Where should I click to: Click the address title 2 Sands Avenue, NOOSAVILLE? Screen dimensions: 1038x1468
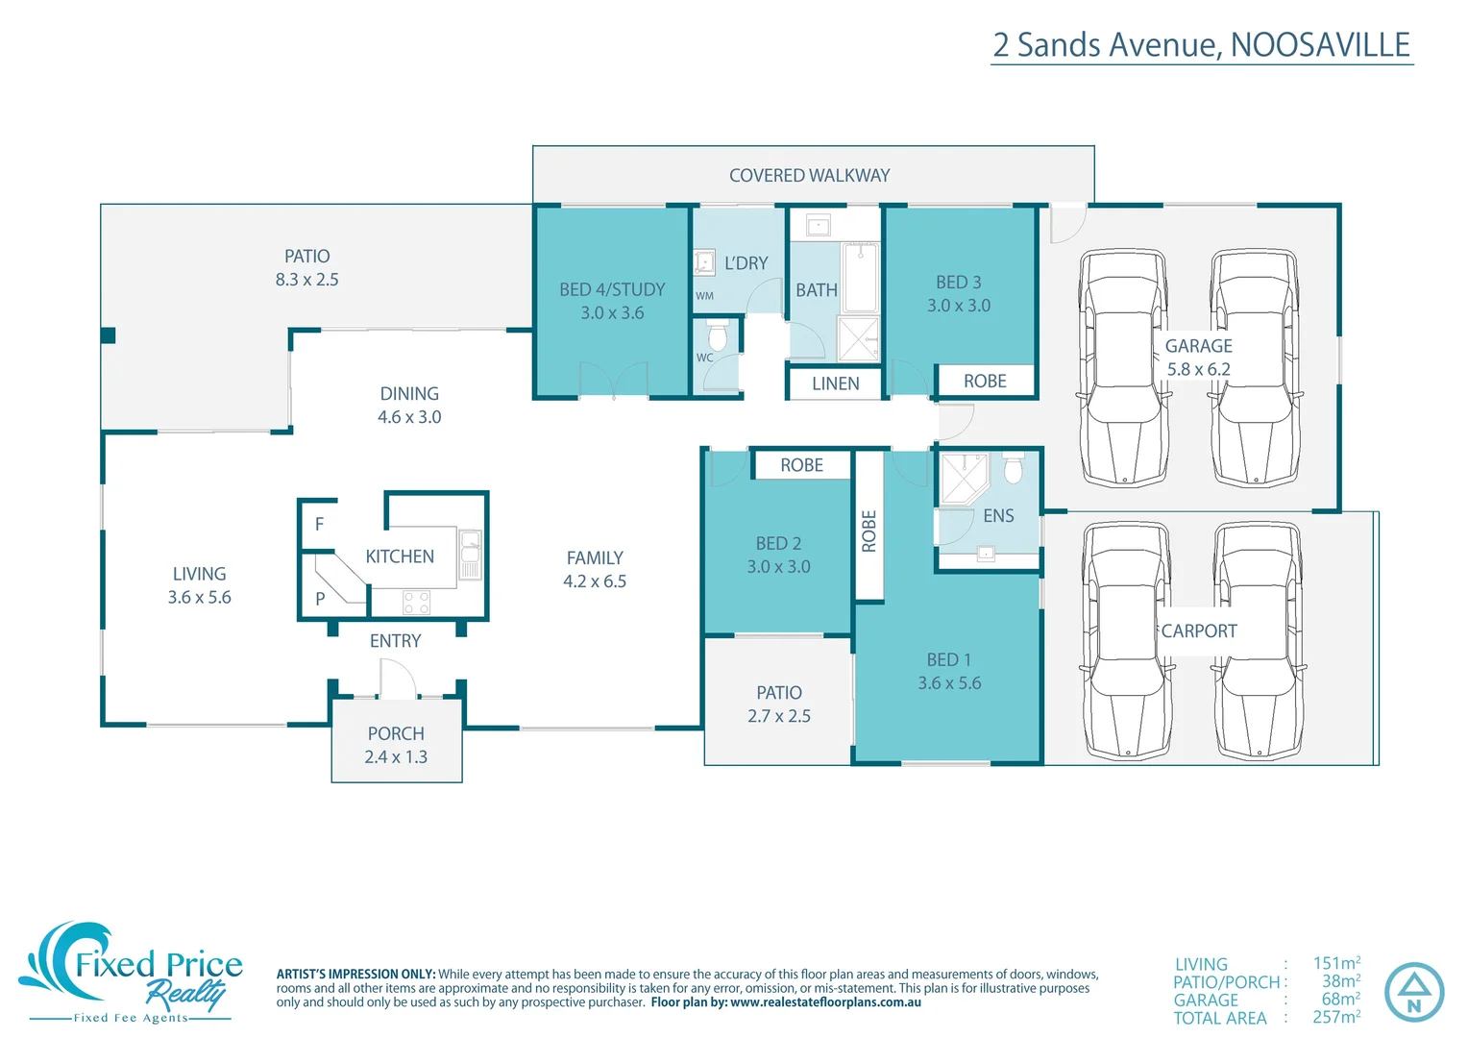(x=1201, y=45)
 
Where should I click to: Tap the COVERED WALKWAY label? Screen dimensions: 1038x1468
(x=809, y=176)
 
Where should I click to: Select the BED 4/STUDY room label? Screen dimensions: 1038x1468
(x=612, y=289)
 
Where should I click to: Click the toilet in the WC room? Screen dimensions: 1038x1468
(x=717, y=337)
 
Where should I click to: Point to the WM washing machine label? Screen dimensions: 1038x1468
(x=704, y=296)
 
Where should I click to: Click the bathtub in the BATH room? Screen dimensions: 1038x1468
(x=860, y=278)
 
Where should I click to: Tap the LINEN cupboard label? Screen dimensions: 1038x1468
(x=835, y=383)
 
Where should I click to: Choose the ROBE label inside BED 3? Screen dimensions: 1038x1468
(x=985, y=382)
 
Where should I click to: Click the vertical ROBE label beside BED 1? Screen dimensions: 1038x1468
(x=869, y=531)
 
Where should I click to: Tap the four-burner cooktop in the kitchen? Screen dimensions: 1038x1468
(x=416, y=603)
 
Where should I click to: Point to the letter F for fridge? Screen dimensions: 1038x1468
(x=319, y=524)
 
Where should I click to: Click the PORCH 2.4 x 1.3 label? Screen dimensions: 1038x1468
(x=396, y=745)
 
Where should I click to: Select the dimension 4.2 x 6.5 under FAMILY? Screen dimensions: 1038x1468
(x=595, y=581)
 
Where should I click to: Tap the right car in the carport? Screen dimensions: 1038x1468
(x=1258, y=640)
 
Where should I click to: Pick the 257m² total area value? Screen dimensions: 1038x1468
(x=1335, y=1017)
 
